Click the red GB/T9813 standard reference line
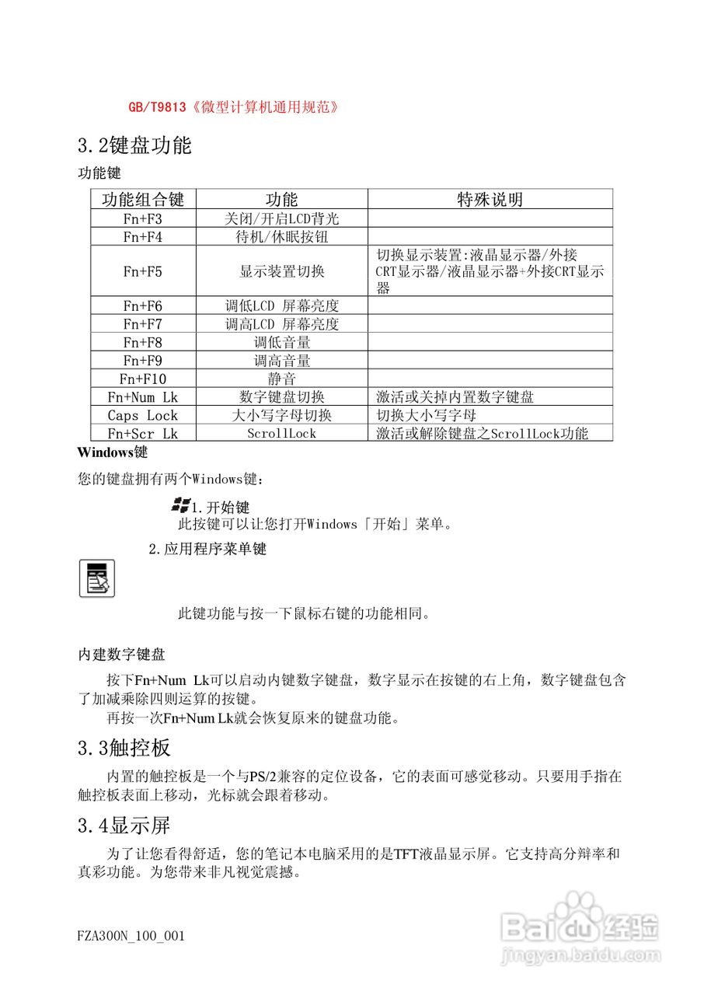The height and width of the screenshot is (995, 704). click(233, 107)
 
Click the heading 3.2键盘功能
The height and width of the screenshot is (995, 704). click(134, 145)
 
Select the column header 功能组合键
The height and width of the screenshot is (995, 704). click(143, 199)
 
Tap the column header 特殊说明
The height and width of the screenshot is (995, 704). click(490, 199)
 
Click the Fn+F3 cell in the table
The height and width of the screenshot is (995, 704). click(143, 219)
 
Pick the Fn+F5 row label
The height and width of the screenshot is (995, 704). click(143, 271)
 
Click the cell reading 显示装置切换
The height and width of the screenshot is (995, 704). click(281, 271)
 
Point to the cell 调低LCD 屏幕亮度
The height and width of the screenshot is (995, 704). click(281, 305)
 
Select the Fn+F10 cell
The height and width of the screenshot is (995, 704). click(143, 379)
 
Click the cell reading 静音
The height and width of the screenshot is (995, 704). click(281, 379)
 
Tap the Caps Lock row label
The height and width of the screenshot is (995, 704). click(143, 415)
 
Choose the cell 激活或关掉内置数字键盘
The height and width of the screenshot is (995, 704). click(455, 397)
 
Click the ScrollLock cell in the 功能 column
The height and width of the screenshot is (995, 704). click(281, 434)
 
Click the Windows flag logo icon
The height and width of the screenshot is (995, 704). click(181, 506)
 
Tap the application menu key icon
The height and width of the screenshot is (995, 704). click(97, 578)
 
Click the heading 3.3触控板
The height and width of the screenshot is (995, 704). click(124, 749)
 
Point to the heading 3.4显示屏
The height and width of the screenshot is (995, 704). click(124, 825)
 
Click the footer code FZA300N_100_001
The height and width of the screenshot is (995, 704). click(131, 936)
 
